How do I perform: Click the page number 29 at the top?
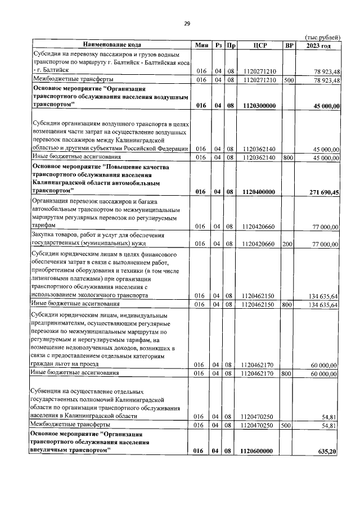187,23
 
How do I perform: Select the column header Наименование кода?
112,44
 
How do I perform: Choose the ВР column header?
289,44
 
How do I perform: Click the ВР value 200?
289,244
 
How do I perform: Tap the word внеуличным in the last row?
51,451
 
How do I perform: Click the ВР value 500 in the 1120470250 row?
289,426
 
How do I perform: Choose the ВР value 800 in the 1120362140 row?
289,157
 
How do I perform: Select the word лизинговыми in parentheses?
52,278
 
